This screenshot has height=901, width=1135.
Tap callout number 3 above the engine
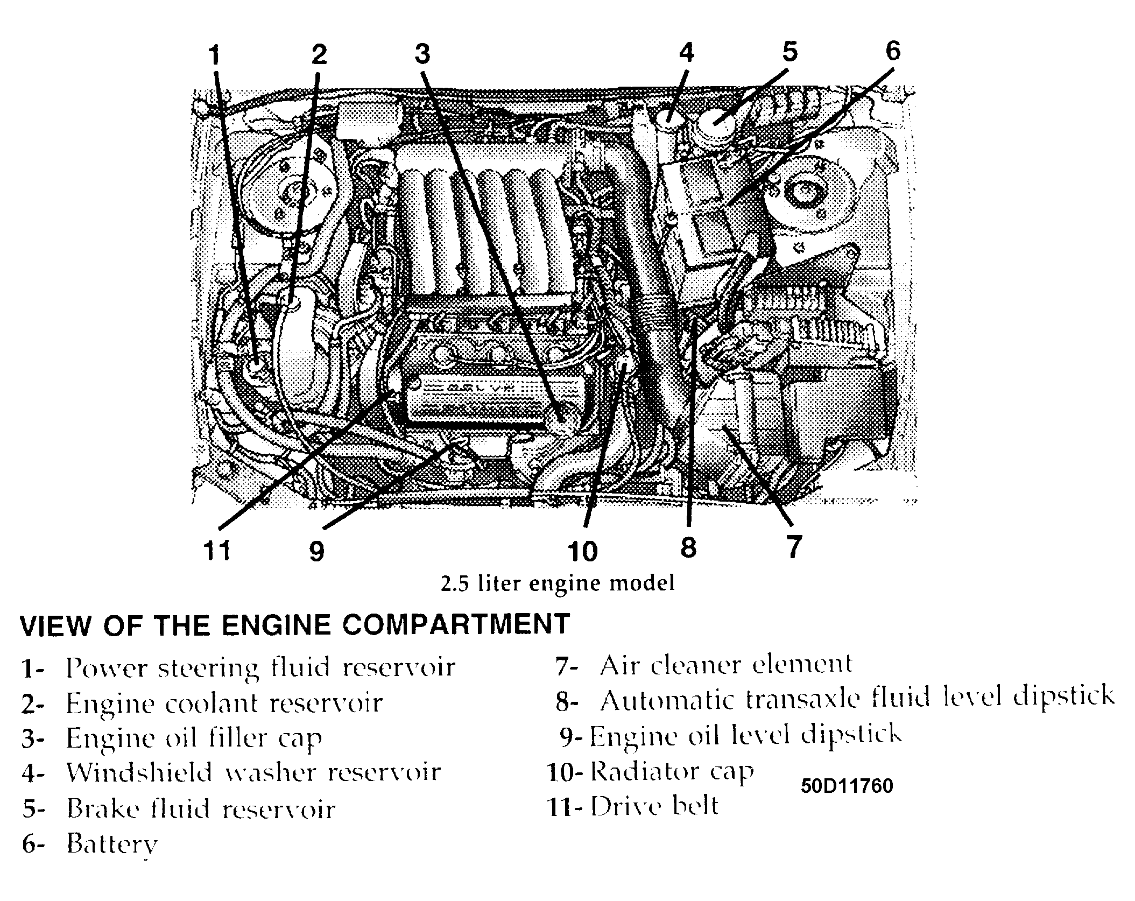pyautogui.click(x=422, y=54)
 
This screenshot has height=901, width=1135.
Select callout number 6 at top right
pyautogui.click(x=892, y=51)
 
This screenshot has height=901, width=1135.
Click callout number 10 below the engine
pyautogui.click(x=582, y=551)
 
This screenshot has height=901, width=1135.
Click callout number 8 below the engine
pyautogui.click(x=688, y=547)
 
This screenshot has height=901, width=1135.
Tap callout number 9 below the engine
pyautogui.click(x=317, y=551)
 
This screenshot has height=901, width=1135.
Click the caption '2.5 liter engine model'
pyautogui.click(x=557, y=583)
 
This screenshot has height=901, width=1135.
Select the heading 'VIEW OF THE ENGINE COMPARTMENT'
pyautogui.click(x=294, y=624)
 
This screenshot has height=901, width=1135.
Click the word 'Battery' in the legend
pyautogui.click(x=112, y=844)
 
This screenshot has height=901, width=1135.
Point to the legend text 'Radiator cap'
pyautogui.click(x=672, y=772)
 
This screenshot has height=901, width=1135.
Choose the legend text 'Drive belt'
pyautogui.click(x=654, y=806)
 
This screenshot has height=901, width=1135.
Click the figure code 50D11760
pyautogui.click(x=847, y=786)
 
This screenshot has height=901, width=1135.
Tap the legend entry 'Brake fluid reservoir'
pyautogui.click(x=200, y=809)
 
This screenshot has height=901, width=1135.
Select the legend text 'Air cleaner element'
pyautogui.click(x=726, y=665)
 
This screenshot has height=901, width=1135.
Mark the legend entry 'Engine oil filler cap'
pyautogui.click(x=194, y=738)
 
